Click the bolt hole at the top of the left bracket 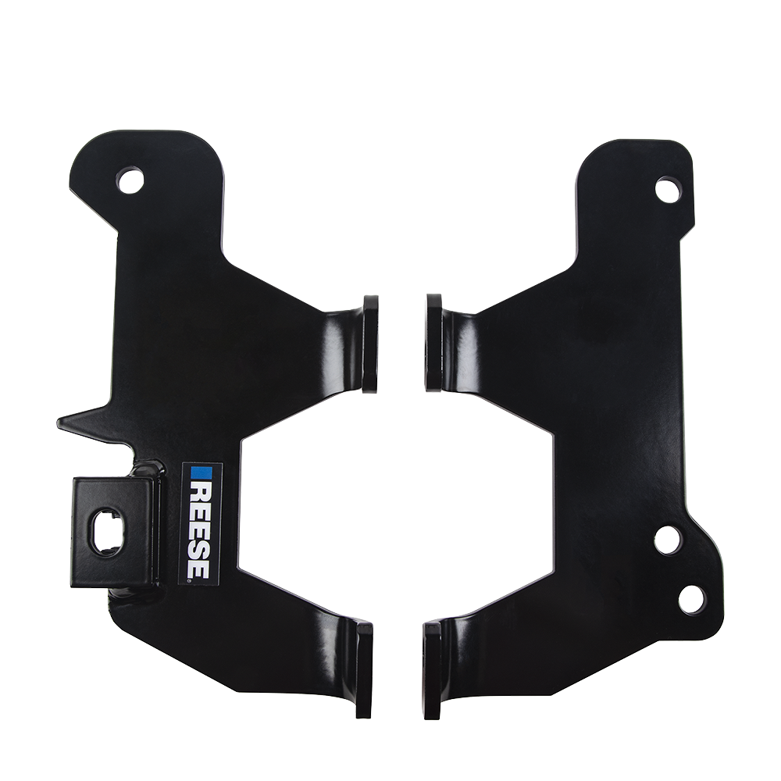tap(130, 180)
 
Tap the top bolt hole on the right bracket tap(668, 190)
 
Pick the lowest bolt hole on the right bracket tap(692, 598)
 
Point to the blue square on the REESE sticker tap(201, 474)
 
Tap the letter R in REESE tap(201, 492)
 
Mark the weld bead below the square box tap(133, 594)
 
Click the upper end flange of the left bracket tap(370, 344)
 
